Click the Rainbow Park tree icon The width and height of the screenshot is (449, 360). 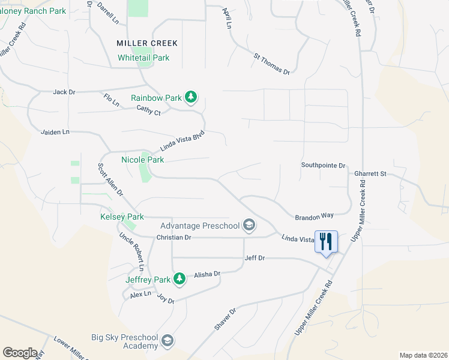coord(191,97)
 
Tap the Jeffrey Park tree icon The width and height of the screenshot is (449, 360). coord(179,279)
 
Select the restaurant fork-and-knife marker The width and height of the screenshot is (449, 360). coord(326,242)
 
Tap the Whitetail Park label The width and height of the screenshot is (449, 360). coord(143,58)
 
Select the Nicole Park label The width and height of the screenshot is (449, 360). coord(142,160)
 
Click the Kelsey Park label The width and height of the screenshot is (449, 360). coord(122,216)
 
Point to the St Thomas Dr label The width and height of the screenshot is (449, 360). coord(272,64)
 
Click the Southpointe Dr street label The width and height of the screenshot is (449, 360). coord(324,165)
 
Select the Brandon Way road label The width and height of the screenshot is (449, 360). coord(314,216)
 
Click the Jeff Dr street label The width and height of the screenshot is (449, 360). coord(255,258)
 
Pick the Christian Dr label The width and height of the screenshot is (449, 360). coord(173,238)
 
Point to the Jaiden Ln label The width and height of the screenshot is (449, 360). coord(55,131)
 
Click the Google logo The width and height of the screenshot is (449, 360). coord(20,353)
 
